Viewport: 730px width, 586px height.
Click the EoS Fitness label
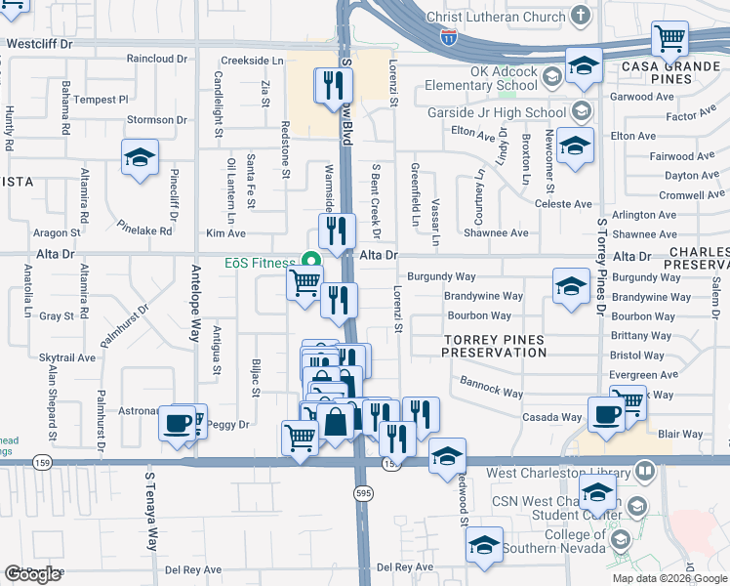tap(259, 264)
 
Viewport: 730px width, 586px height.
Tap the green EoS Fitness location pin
tap(311, 261)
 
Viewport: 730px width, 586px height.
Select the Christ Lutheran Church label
tap(495, 17)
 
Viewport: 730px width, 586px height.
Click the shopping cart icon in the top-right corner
tap(670, 40)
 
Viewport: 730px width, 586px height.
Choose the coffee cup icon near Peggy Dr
tap(177, 423)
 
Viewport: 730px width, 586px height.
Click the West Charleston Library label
tap(555, 474)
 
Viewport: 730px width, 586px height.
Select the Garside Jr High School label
tap(496, 112)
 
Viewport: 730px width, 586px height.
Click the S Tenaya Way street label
tap(151, 512)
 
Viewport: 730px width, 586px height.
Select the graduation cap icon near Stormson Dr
tap(140, 157)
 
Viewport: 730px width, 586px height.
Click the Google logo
tap(32, 574)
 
